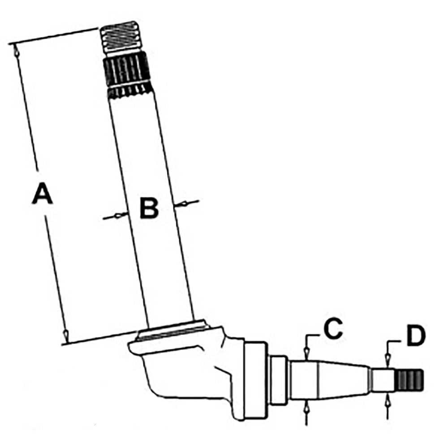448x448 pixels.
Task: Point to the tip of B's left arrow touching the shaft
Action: click(x=128, y=213)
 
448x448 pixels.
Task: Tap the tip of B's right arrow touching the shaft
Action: click(x=174, y=205)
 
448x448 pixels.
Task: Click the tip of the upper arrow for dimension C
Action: click(x=306, y=361)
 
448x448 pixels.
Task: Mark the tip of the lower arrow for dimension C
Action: click(x=306, y=400)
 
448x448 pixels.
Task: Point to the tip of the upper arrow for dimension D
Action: click(x=388, y=367)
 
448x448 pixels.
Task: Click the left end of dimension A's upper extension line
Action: click(x=9, y=44)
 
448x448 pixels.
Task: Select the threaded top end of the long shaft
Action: click(x=121, y=37)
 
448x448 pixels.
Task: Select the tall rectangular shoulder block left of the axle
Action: click(x=255, y=380)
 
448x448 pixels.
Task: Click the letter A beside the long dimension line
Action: click(x=42, y=194)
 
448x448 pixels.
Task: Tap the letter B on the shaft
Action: click(x=149, y=208)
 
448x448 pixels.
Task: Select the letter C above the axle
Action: click(x=333, y=329)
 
